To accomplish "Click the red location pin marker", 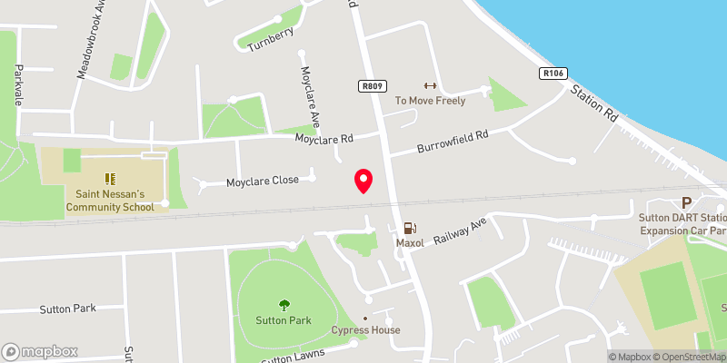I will [x=363, y=180].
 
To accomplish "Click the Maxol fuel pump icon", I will [x=410, y=229].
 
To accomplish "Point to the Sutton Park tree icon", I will [x=284, y=305].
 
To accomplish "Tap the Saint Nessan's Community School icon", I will [x=110, y=179].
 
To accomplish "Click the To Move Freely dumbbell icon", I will [x=430, y=86].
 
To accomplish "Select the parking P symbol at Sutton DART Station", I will [x=686, y=203].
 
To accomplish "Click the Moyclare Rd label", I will [x=324, y=139].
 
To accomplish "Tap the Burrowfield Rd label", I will [x=453, y=142].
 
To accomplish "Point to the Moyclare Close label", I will [x=262, y=181].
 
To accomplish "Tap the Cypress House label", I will [x=365, y=329].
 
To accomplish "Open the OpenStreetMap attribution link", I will [x=690, y=357].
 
